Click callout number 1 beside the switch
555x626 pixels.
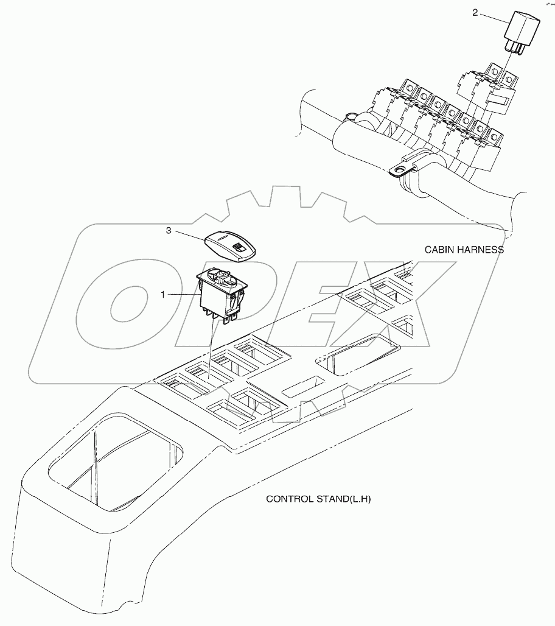pyautogui.click(x=162, y=294)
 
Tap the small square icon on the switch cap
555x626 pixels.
pyautogui.click(x=240, y=248)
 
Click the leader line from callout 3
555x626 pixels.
pyautogui.click(x=189, y=236)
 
